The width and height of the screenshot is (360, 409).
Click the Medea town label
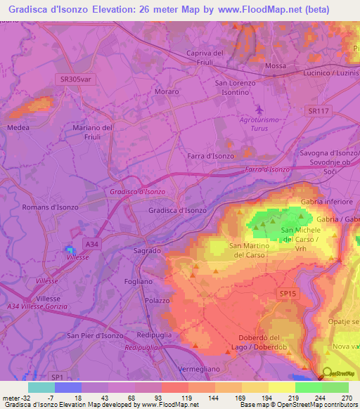[18, 128]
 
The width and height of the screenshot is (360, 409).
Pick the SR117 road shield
[319, 111]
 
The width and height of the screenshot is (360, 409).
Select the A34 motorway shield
[91, 243]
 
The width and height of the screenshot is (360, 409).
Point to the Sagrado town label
[148, 250]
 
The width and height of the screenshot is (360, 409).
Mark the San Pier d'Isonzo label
[96, 335]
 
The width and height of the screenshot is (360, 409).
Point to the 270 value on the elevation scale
[346, 398]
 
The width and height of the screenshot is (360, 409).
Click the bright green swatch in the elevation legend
[308, 387]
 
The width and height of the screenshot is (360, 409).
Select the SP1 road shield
[56, 377]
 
